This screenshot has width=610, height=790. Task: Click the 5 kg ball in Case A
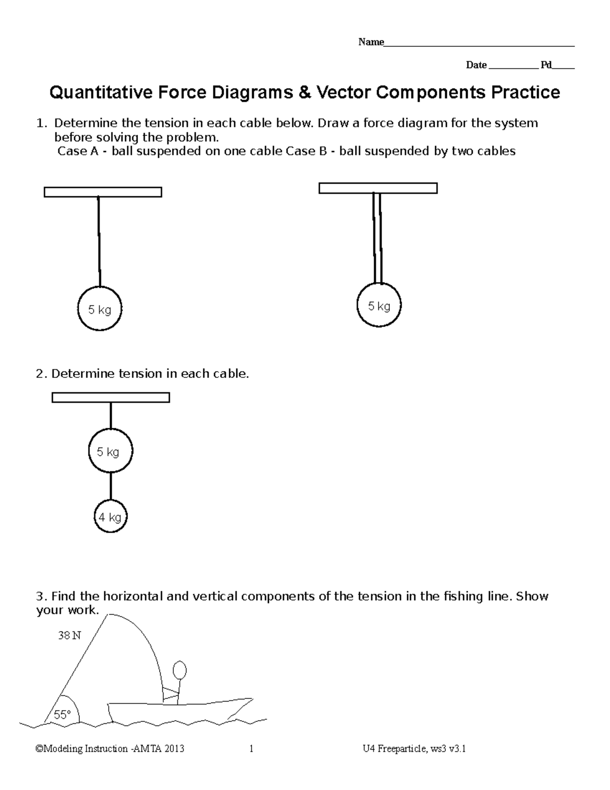(100, 309)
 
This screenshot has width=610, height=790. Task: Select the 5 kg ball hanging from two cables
(379, 306)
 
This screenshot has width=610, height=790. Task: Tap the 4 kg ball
(110, 517)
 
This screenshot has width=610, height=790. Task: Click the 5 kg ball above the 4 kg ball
(110, 451)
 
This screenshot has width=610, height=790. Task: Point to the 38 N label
(69, 635)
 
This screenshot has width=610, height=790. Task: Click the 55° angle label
(62, 715)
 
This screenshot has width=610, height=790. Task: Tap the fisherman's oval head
(179, 670)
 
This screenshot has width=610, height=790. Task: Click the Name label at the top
(371, 42)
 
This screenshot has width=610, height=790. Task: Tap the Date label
(476, 65)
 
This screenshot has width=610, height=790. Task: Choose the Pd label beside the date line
(546, 65)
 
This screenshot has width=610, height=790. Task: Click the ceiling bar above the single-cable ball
(103, 192)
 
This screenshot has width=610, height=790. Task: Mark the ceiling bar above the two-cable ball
(378, 188)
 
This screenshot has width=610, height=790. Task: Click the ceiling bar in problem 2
(111, 397)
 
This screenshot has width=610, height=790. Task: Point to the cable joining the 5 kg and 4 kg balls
(111, 486)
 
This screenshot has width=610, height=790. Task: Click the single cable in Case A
(99, 242)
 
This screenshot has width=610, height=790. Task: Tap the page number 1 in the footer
(251, 749)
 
